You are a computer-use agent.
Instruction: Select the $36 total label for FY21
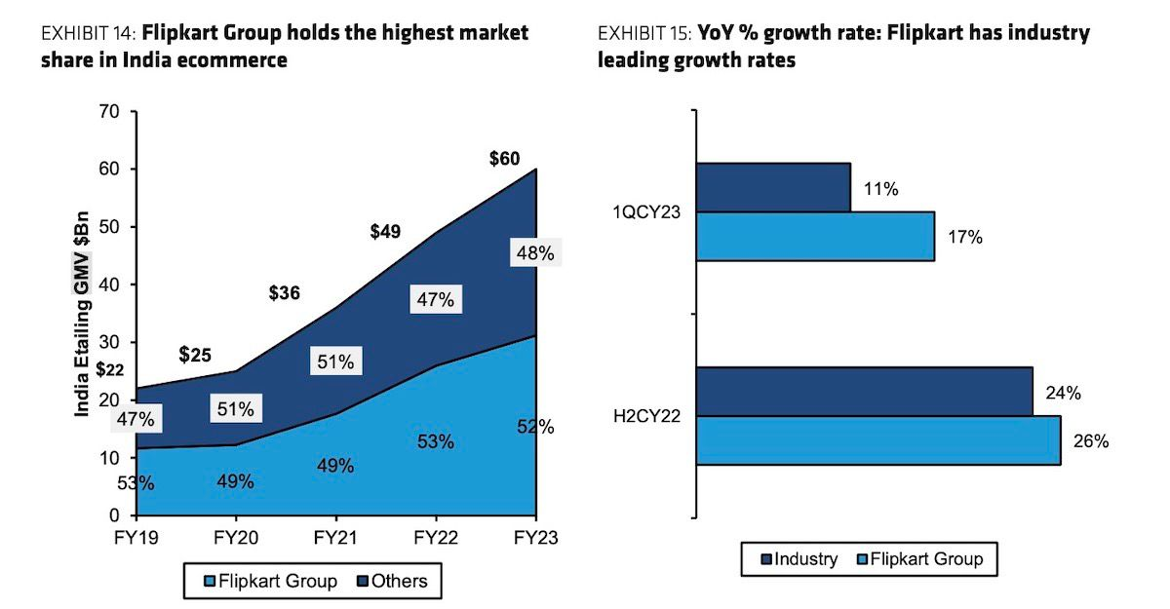point(285,292)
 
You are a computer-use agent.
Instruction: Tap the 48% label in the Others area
point(534,253)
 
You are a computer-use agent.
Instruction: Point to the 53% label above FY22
point(435,441)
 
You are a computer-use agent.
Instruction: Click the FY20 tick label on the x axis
point(235,537)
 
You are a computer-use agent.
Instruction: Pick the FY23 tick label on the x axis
point(535,537)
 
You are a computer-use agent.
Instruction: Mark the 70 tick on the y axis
point(110,112)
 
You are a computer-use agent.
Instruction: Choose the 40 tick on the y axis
point(110,285)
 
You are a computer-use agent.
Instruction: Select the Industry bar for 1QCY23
point(773,187)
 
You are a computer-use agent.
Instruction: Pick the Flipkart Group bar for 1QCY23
point(815,236)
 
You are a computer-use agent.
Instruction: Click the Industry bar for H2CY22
point(864,392)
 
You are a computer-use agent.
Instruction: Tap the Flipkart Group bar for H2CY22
point(878,440)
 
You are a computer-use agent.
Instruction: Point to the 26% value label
point(1092,441)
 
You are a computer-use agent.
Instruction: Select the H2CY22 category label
point(646,416)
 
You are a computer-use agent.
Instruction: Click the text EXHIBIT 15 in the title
point(643,33)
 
